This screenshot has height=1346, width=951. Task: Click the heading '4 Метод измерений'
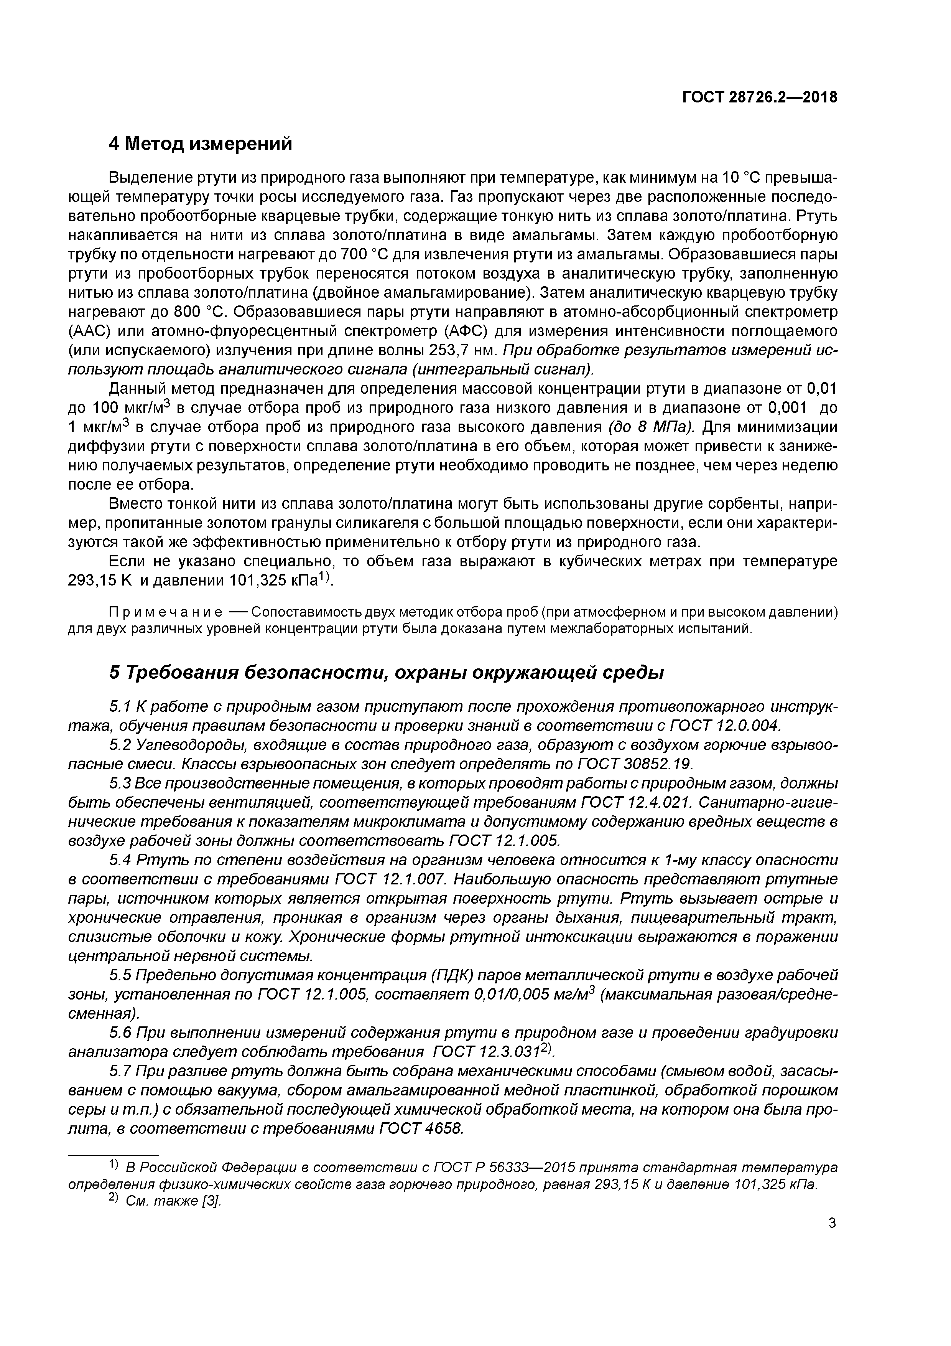[201, 144]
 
